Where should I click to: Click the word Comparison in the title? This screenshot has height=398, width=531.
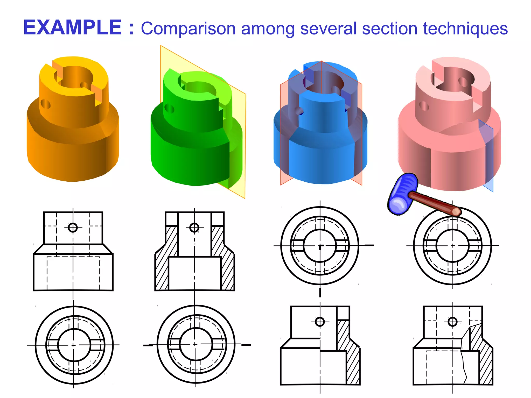[188, 29]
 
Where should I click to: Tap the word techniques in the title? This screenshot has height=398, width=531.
[465, 29]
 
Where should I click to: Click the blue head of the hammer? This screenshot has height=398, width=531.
[403, 194]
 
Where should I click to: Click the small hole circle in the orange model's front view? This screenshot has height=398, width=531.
[73, 228]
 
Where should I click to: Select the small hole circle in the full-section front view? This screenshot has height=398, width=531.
[194, 228]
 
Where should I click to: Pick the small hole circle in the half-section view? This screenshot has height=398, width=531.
[320, 322]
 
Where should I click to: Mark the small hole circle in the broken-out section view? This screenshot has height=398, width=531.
[452, 322]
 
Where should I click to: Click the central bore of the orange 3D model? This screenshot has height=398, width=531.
[75, 76]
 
